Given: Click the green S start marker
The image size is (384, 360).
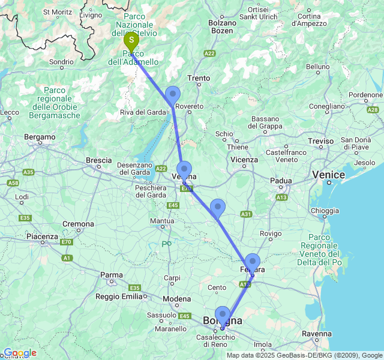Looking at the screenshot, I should point(131,41).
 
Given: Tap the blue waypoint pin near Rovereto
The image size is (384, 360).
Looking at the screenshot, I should point(173,95).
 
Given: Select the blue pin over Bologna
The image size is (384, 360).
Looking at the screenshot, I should point(223,315).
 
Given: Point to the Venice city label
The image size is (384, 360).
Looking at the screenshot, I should point(328,175).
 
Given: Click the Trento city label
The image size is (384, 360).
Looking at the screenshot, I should point(199,78).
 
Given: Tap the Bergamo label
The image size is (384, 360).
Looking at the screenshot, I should point(40,137).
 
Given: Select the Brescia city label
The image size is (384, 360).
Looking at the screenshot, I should point(99,160).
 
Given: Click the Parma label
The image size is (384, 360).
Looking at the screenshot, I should point(111,275).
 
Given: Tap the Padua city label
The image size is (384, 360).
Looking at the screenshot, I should point(280,180).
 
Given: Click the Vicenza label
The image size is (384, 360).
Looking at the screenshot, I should point(244,160).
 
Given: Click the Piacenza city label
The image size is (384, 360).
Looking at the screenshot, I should point(42,236).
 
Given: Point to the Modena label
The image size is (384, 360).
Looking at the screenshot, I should point(177,299).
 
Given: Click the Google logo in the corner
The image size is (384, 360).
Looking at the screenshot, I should point(19,353).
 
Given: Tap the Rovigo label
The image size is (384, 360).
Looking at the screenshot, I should point(271,233).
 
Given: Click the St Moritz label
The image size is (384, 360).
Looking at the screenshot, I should point(58,12).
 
